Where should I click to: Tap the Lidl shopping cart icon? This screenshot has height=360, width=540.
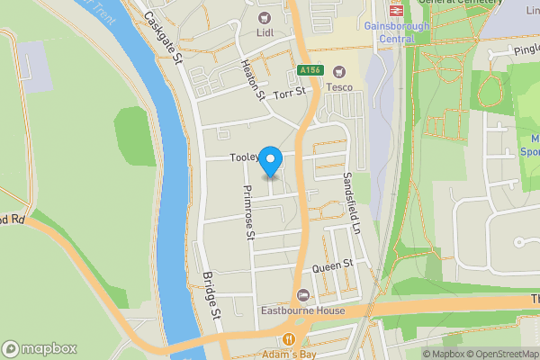click(x=265, y=17)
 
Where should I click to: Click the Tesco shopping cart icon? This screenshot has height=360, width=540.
click(x=339, y=71)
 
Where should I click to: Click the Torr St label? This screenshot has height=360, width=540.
click(x=290, y=92)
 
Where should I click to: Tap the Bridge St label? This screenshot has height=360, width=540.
click(x=211, y=297)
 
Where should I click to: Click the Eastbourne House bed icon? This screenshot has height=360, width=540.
click(x=303, y=295)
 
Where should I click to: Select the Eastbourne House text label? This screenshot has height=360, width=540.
click(x=303, y=311)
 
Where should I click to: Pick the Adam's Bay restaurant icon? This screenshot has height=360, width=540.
click(x=289, y=338)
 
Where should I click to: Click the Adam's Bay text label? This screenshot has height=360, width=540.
click(x=289, y=354)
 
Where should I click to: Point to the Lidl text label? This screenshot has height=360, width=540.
click(x=265, y=33)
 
